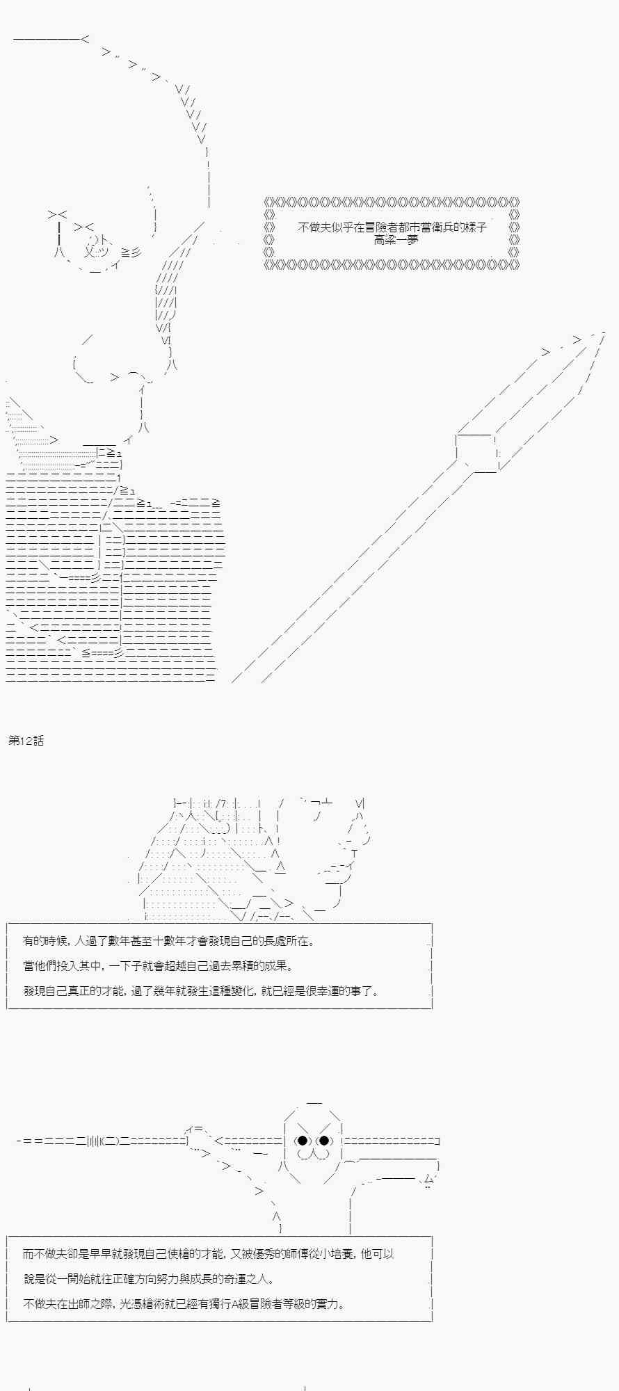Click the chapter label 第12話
[26, 741]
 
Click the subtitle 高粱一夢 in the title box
[396, 239]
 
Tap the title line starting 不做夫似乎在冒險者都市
[392, 227]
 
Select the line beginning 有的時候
[168, 941]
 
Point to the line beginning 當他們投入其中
[158, 966]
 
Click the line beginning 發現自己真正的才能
[202, 991]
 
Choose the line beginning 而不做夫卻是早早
[209, 1254]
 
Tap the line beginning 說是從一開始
[149, 1279]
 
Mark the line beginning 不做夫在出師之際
[184, 1304]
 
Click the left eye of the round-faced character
[303, 1141]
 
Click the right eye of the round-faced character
[323, 1141]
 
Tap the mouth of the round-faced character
[312, 1155]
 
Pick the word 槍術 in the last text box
[154, 1304]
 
